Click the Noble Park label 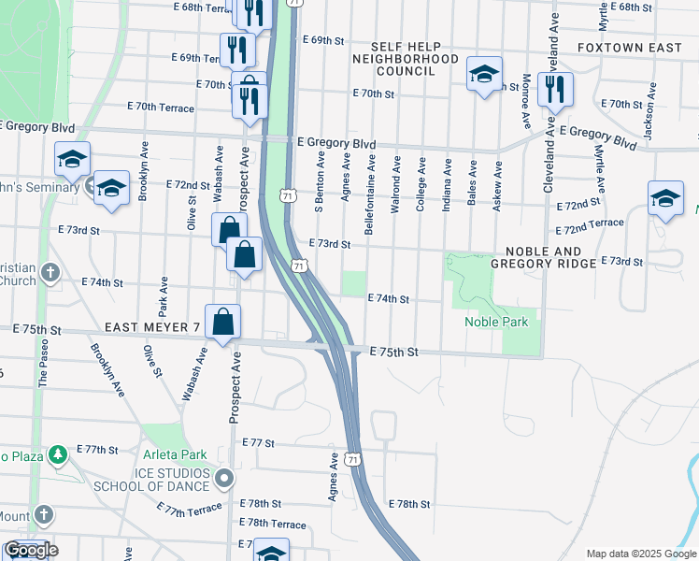[496, 323]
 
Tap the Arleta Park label [175, 455]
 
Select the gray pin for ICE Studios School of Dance [224, 480]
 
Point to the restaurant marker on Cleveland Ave [556, 90]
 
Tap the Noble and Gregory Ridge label [551, 258]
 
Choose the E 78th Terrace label [273, 525]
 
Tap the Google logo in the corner [30, 550]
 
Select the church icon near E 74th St [50, 273]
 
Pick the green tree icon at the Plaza [58, 454]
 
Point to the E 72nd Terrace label [589, 225]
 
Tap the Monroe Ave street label [527, 102]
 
